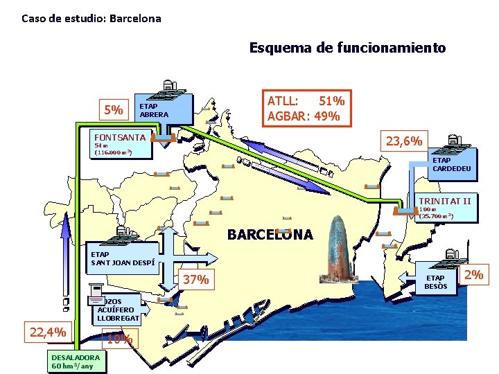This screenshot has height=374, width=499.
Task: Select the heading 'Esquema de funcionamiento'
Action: [x=347, y=48]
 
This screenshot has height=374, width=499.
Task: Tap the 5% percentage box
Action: [x=114, y=110]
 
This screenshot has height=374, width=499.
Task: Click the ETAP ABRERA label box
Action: [x=162, y=110]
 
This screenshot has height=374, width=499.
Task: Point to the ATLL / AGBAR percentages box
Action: [x=306, y=108]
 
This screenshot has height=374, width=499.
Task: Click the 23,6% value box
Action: [x=404, y=141]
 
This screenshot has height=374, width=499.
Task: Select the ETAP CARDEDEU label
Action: [x=451, y=164]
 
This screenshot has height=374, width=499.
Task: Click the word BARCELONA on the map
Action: [x=270, y=234]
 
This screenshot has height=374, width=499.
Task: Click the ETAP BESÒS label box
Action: [x=436, y=282]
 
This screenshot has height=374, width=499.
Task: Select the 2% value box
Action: [x=473, y=275]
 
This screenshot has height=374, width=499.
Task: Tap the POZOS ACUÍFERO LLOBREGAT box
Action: [x=116, y=310]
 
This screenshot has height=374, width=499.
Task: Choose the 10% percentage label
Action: [x=119, y=339]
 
